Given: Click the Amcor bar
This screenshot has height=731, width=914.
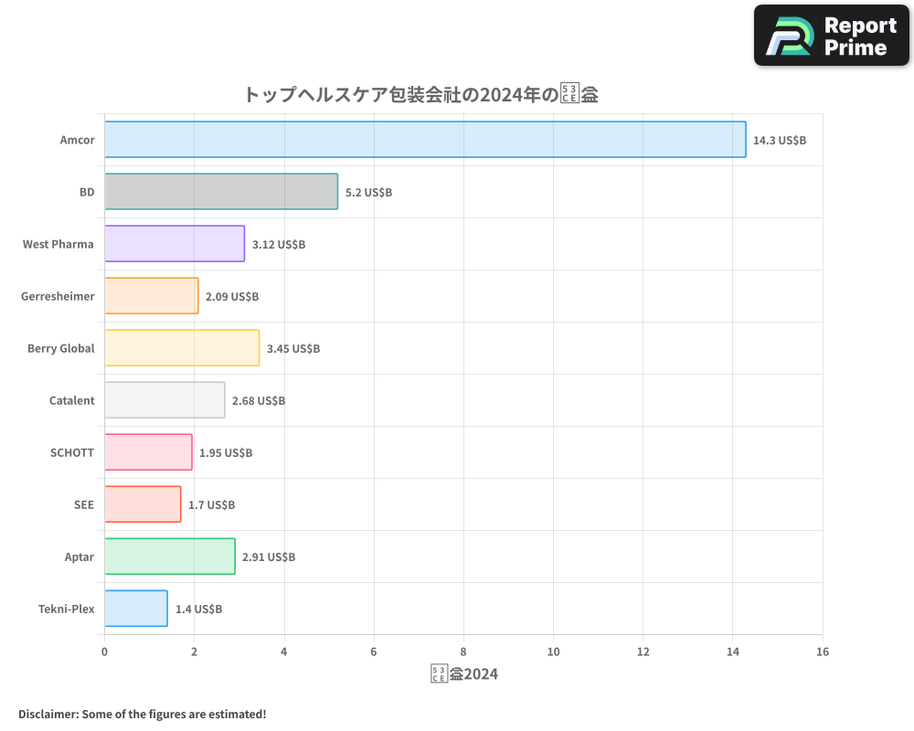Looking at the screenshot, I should click(425, 140).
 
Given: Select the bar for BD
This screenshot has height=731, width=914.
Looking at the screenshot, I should click(221, 192).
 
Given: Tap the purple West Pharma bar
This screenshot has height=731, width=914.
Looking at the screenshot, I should click(175, 244).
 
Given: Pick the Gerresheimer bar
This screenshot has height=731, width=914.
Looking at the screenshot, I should click(151, 296).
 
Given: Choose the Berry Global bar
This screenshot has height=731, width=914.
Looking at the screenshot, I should click(182, 348).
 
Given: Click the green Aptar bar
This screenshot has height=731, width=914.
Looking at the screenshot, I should click(170, 556).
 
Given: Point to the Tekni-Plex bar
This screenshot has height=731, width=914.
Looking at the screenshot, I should click(136, 609).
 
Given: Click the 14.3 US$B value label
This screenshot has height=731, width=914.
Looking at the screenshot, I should click(780, 141).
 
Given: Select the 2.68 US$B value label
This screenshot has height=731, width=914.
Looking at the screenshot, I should click(259, 401).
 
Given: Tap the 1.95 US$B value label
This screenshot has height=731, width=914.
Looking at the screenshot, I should click(226, 453).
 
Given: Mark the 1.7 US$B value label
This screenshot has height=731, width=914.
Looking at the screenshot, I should click(211, 505).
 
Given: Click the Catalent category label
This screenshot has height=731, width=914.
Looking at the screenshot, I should click(71, 400).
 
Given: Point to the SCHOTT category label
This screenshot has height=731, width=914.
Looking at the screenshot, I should click(72, 452).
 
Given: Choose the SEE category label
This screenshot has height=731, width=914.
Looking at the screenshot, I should click(84, 504).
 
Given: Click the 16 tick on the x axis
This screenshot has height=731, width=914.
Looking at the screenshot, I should click(823, 652).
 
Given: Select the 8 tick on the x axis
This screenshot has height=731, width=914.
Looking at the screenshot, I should click(463, 652).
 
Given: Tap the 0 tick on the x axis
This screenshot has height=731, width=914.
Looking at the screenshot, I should click(104, 652).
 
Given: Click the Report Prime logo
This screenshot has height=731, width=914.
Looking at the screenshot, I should click(832, 36).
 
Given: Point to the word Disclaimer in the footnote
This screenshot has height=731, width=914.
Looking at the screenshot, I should click(47, 715).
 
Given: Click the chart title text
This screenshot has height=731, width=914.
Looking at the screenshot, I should click(420, 94).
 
